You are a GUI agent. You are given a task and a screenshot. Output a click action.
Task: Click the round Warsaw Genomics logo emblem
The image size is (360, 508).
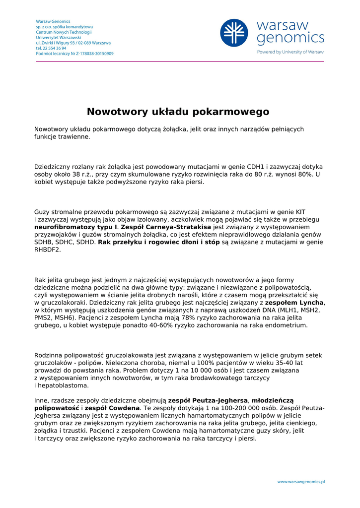[x=234, y=33]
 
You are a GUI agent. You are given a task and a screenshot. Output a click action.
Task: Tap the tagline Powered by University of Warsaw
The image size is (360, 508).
[x=290, y=52]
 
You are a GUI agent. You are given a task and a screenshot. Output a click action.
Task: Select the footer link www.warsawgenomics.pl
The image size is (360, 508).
[x=301, y=481]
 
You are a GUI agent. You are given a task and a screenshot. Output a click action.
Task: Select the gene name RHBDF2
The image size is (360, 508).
[x=48, y=250]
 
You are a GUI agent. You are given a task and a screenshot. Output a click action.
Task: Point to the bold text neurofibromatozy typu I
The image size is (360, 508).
[x=72, y=227]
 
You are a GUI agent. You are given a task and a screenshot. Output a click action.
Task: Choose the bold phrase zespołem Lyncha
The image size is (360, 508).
[x=294, y=303]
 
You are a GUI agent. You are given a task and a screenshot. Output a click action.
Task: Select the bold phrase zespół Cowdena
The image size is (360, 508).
[x=106, y=408]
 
